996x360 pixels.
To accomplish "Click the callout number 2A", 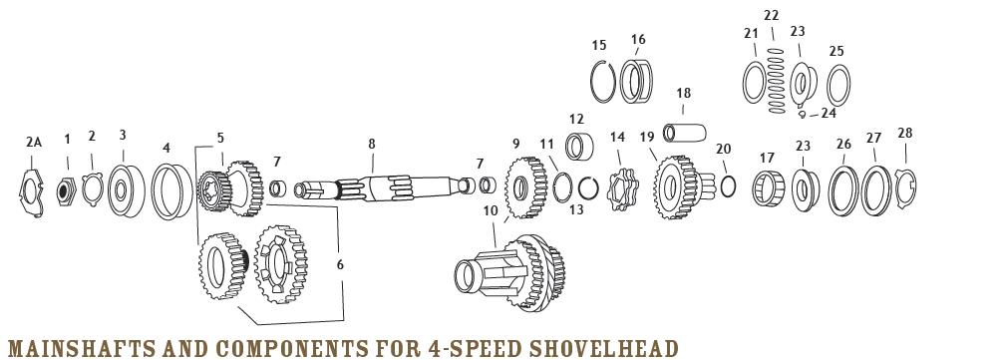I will [x=35, y=143].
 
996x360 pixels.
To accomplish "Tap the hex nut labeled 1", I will [x=68, y=186].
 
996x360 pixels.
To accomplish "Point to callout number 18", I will [x=683, y=94].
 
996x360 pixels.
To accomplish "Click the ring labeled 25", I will [x=838, y=87].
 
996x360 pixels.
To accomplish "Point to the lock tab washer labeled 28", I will [x=905, y=186].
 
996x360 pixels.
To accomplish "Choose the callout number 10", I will [x=490, y=210].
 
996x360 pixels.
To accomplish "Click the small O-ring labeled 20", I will [x=726, y=185].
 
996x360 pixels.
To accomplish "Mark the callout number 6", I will [x=339, y=264].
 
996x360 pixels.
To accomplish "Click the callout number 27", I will [x=873, y=139].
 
